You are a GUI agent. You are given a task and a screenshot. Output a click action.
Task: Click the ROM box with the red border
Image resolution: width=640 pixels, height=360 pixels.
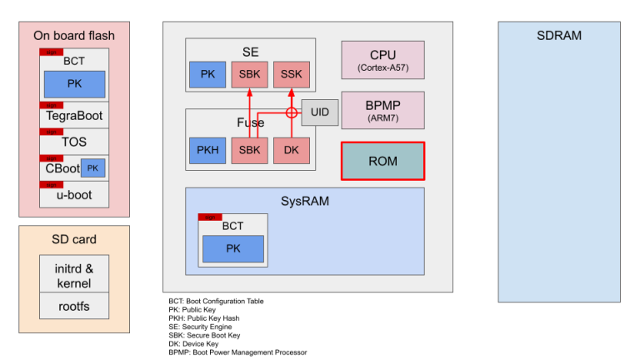click(382, 161)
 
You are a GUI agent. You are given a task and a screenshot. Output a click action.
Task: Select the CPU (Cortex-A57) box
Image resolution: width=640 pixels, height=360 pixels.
click(382, 60)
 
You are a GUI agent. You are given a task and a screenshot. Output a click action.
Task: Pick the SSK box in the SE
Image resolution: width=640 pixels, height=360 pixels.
click(292, 75)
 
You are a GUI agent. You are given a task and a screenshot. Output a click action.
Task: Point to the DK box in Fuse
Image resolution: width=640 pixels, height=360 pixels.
click(292, 150)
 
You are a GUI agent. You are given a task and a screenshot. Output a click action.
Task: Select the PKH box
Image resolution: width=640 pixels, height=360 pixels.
click(207, 150)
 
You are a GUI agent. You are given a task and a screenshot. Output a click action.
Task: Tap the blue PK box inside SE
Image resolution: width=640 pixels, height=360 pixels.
click(207, 75)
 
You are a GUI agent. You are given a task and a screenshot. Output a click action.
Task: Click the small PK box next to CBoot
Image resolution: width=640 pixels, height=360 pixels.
click(94, 168)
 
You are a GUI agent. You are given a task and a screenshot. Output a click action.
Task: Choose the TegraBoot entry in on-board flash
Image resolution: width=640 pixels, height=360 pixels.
click(74, 117)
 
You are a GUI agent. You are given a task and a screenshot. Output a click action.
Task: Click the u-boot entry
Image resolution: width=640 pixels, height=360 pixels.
click(74, 195)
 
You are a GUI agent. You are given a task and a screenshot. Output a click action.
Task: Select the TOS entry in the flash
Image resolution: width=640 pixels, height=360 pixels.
click(74, 142)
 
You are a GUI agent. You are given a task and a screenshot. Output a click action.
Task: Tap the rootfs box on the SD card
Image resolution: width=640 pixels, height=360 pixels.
click(74, 306)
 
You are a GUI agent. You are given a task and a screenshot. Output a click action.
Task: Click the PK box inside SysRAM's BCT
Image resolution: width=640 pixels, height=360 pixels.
click(233, 248)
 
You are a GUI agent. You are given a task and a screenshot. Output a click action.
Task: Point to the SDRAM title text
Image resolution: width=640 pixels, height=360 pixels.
click(559, 36)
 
